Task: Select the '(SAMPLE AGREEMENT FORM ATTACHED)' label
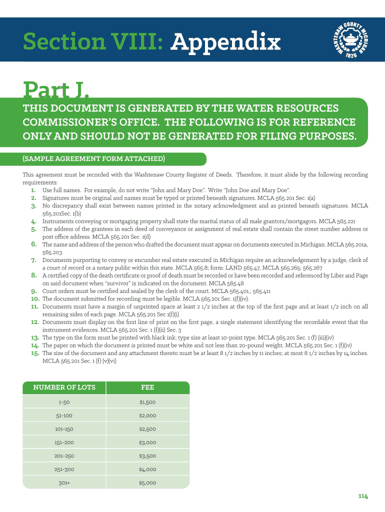click(x=93, y=159)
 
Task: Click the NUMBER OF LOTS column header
click(x=64, y=387)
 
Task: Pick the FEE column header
click(x=147, y=387)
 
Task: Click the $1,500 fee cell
click(x=147, y=402)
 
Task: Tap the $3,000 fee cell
click(x=147, y=442)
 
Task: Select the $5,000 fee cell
click(x=147, y=483)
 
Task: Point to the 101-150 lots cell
click(x=64, y=429)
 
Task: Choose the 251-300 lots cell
click(x=64, y=469)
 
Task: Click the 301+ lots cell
click(x=64, y=483)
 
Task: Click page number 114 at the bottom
click(x=363, y=496)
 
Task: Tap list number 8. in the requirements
click(x=34, y=275)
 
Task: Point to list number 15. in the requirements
click(x=35, y=353)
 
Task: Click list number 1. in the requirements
click(x=33, y=190)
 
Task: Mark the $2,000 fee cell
click(x=147, y=415)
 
